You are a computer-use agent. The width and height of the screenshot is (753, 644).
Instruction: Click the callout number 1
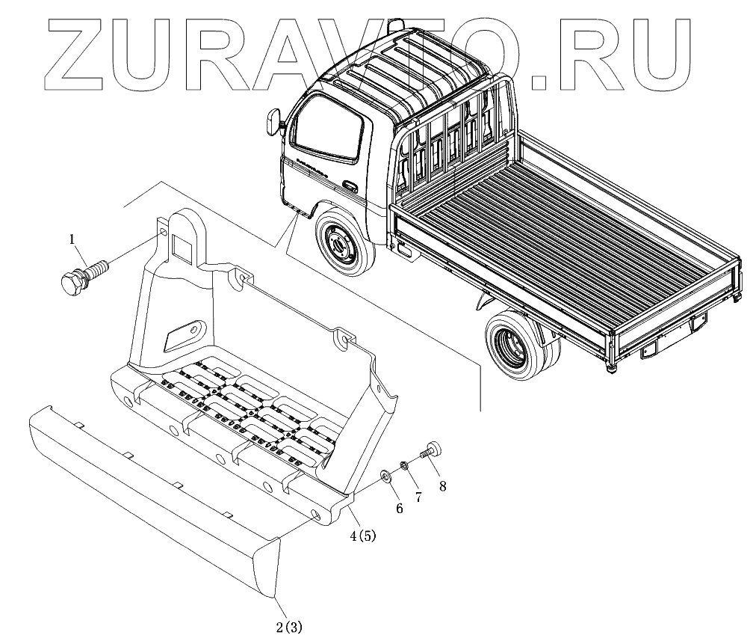(x=72, y=239)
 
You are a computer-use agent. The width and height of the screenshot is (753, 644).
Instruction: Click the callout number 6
(x=399, y=509)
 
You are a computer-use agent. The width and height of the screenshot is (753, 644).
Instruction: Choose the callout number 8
(x=442, y=486)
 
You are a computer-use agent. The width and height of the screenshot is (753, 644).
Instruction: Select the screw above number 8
(x=431, y=450)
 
